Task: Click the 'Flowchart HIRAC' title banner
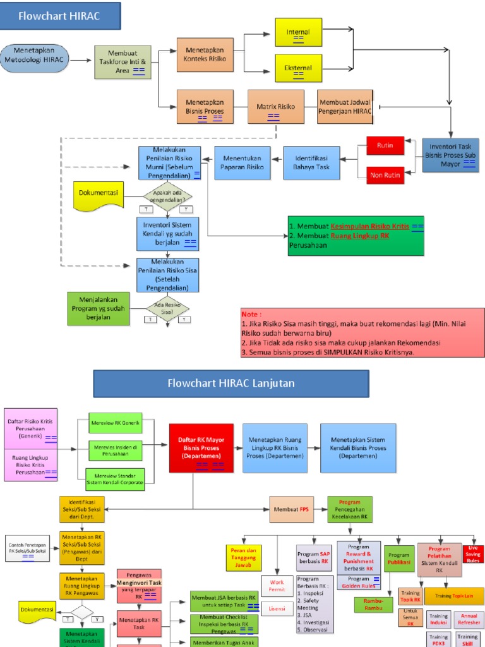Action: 59,16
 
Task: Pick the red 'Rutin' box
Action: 385,146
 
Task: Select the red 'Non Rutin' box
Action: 385,175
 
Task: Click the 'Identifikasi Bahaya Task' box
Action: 311,162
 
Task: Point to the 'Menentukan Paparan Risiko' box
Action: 242,162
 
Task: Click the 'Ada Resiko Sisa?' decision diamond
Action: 167,308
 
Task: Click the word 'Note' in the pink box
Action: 251,314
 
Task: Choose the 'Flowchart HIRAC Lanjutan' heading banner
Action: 231,384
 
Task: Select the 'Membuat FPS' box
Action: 291,509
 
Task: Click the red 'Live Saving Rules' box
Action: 473,553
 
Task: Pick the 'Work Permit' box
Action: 277,585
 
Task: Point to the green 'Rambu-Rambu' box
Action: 374,605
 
